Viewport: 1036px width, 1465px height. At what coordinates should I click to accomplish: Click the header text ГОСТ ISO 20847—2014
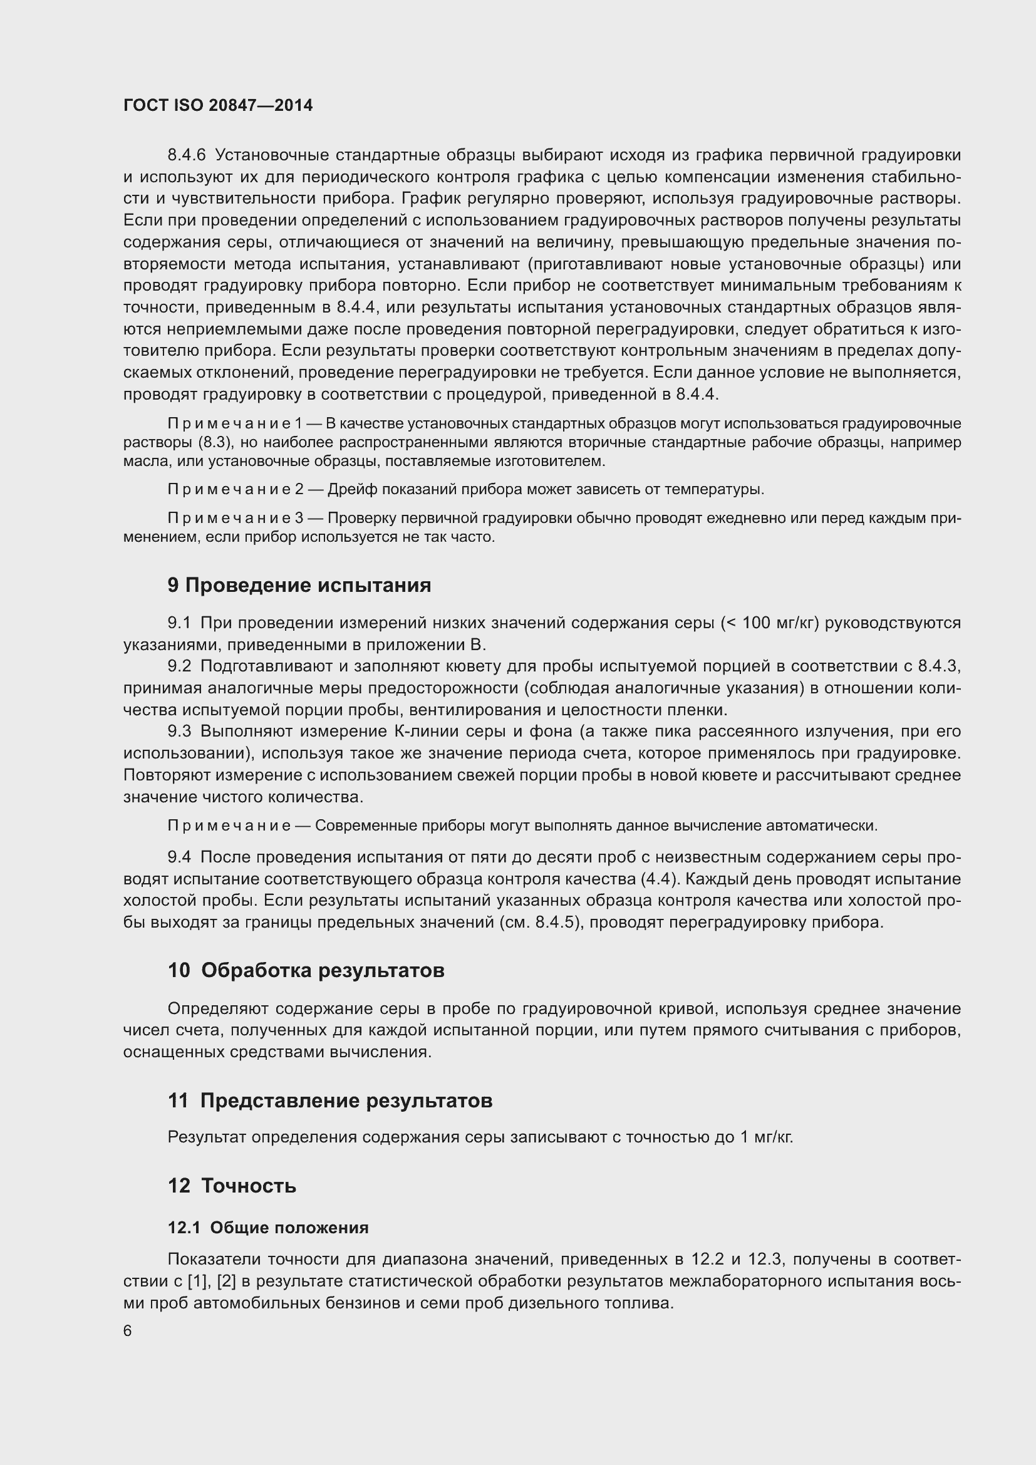218,106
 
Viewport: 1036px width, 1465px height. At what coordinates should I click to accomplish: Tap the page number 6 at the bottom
128,1330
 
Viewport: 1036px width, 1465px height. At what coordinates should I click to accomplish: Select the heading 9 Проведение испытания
299,585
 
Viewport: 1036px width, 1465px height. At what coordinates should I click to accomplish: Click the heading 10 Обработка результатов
306,970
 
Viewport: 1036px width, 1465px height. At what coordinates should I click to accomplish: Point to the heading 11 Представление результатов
330,1100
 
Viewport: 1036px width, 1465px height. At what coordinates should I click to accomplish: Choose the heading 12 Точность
232,1186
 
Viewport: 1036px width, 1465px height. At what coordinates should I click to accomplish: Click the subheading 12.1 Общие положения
268,1228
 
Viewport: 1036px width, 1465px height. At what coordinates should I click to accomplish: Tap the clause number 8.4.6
187,155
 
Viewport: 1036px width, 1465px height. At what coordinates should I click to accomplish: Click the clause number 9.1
179,623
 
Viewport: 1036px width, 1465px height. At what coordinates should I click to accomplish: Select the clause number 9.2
179,666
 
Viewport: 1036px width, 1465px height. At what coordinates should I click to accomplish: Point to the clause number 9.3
179,731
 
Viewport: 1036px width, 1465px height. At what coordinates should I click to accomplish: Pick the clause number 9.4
179,857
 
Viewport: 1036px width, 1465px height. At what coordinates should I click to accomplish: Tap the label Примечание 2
235,489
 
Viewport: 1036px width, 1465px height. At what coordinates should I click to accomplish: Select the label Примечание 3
235,518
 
